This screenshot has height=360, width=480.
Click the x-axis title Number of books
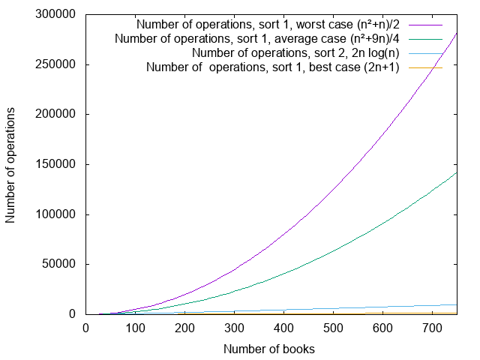click(268, 349)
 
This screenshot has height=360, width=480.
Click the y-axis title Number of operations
click(11, 164)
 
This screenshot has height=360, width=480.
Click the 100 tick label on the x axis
click(135, 328)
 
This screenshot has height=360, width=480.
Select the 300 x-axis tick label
click(234, 328)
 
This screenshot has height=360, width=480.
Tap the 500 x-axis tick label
click(333, 328)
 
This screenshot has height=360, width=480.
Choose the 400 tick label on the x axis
click(283, 328)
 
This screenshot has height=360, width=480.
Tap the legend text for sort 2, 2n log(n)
click(295, 52)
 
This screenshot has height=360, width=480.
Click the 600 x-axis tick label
click(382, 328)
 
